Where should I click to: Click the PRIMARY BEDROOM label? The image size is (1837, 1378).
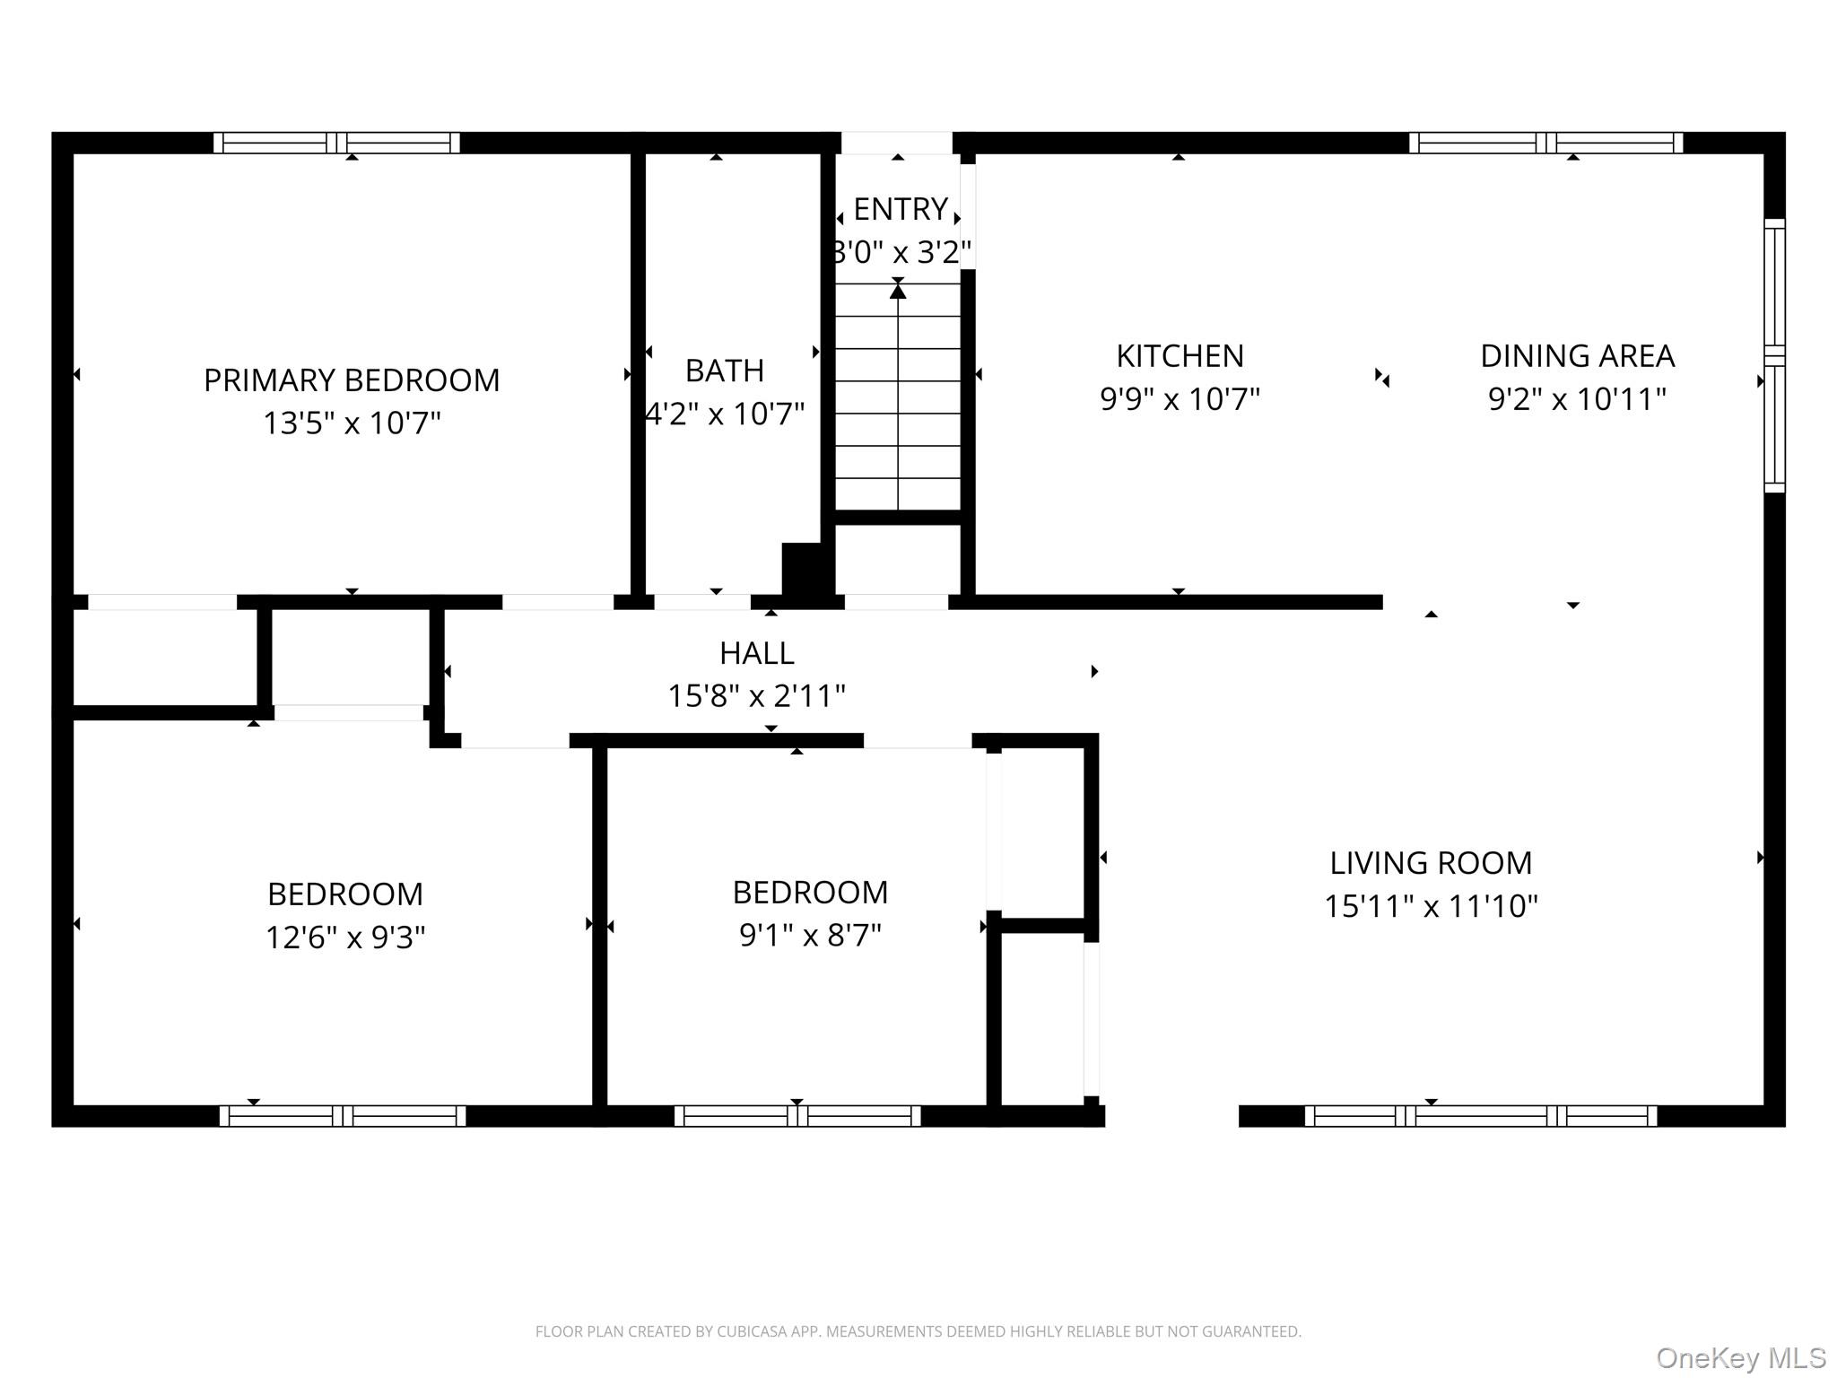coord(352,380)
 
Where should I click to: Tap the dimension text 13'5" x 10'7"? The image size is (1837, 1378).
coord(352,423)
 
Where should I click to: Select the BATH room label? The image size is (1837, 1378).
coord(724,371)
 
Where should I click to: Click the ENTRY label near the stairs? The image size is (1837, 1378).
coord(900,209)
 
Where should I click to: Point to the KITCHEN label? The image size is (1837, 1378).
coord(1180,356)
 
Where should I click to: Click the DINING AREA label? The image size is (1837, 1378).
coord(1577,356)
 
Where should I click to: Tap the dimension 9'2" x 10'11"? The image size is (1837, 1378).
coord(1577,399)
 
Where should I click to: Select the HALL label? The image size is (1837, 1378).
coord(756,653)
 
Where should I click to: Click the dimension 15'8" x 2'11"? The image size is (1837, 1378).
coord(756,696)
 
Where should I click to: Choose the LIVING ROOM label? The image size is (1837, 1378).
coord(1431,863)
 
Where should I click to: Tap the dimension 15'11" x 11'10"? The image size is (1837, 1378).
coord(1431,906)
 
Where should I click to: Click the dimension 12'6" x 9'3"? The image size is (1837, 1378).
coord(345,938)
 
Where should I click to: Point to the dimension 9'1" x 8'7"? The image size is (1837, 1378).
coord(810,936)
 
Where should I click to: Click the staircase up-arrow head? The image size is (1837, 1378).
coord(898,291)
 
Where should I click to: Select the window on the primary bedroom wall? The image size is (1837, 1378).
coord(336,143)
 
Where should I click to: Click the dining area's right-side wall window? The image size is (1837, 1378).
coord(1774,355)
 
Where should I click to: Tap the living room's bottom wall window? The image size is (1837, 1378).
coord(1480,1116)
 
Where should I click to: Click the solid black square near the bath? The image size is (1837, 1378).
coord(803,568)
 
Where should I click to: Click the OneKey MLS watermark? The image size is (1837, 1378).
coord(1740,1358)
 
